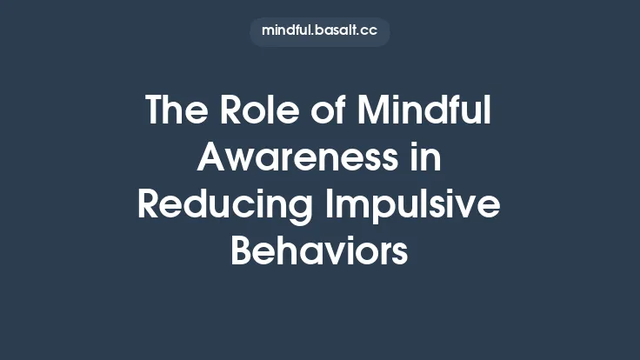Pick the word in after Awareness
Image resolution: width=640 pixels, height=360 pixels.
point(423,159)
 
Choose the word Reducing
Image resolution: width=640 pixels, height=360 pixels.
point(224,207)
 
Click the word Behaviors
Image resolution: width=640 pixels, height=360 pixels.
point(319,253)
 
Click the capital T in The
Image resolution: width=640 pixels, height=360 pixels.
point(156,111)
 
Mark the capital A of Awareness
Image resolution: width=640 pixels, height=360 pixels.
point(214,159)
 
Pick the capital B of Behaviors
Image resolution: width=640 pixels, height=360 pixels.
point(243,253)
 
